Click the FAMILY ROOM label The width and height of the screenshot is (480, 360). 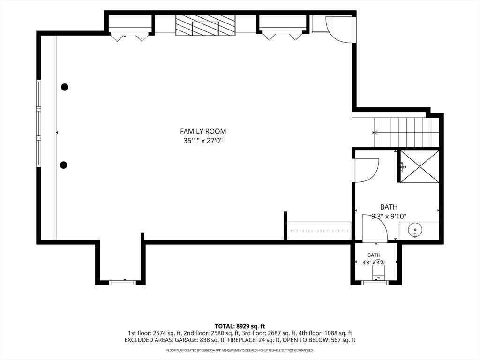tap(203, 131)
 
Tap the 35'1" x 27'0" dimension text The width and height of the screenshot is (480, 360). tap(203, 141)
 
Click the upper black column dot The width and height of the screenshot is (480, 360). tap(65, 87)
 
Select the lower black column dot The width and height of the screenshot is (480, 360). tap(63, 165)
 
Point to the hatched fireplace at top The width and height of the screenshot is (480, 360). tap(205, 25)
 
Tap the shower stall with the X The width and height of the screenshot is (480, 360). tap(420, 167)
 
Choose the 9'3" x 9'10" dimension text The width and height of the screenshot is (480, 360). tap(389, 217)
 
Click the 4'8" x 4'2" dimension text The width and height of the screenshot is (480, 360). tap(374, 262)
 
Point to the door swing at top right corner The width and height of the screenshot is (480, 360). tap(339, 30)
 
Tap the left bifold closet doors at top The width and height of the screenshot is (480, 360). tap(129, 37)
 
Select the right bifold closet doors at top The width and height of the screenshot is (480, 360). tap(283, 36)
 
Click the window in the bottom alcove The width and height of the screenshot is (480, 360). tap(122, 283)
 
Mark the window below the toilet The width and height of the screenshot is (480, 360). tap(375, 283)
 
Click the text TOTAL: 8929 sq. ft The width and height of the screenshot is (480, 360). tap(240, 326)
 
